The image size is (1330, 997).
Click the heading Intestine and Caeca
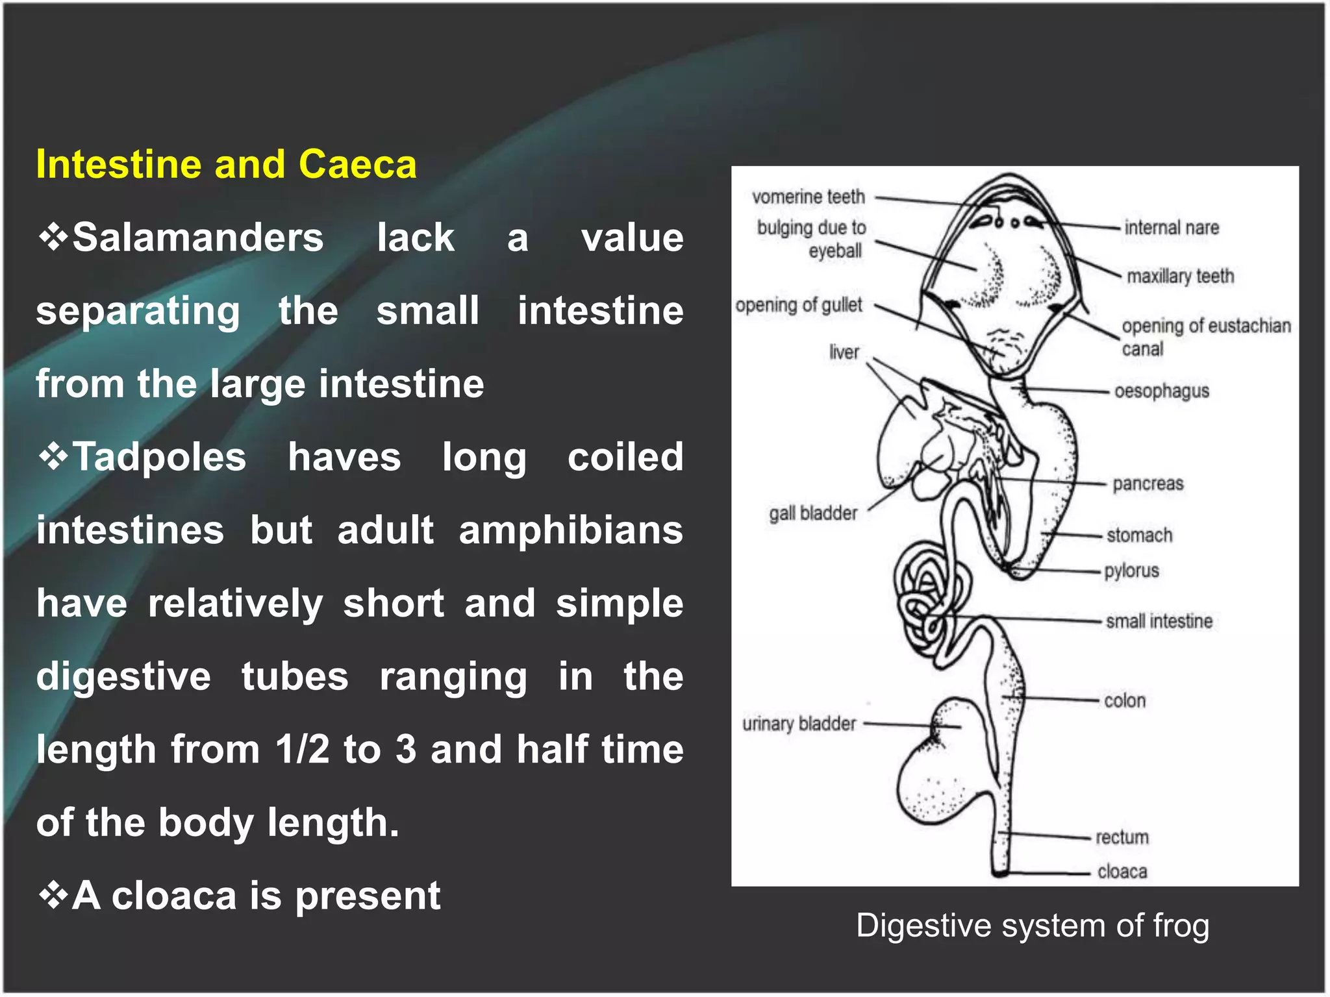pyautogui.click(x=226, y=164)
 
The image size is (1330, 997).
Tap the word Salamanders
pyautogui.click(x=197, y=238)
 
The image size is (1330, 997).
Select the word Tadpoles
pyautogui.click(x=159, y=457)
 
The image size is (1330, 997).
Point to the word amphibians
pyautogui.click(x=571, y=530)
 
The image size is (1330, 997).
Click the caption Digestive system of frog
pyautogui.click(x=1033, y=926)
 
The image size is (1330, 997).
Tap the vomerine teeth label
pyautogui.click(x=809, y=197)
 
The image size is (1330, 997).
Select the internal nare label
pyautogui.click(x=1172, y=228)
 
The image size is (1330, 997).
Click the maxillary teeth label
pyautogui.click(x=1180, y=277)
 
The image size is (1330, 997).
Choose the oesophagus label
pyautogui.click(x=1162, y=391)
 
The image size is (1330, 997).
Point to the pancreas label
pyautogui.click(x=1148, y=484)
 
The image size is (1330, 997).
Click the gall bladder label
pyautogui.click(x=813, y=513)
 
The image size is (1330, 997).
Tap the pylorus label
pyautogui.click(x=1132, y=571)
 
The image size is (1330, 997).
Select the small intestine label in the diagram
pyautogui.click(x=1159, y=622)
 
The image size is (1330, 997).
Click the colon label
pyautogui.click(x=1125, y=701)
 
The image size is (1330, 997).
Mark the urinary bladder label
pyautogui.click(x=799, y=724)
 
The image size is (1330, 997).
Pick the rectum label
pyautogui.click(x=1122, y=837)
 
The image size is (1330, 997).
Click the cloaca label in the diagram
pyautogui.click(x=1122, y=872)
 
